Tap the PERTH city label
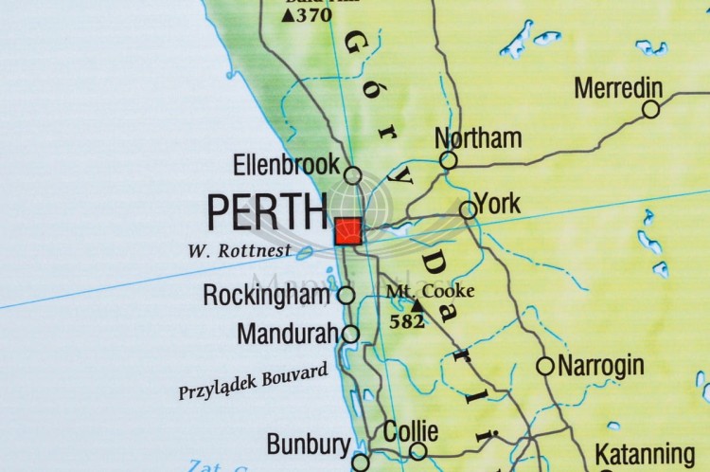pos(267,213)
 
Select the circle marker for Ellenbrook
pos(352,175)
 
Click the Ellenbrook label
pos(286,165)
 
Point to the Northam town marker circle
pos(449,160)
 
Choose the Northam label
pos(478,138)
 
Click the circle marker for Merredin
pos(650,109)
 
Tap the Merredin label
pos(617,88)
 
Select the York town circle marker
pos(468,209)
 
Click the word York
pos(498,203)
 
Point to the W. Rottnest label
pos(240,252)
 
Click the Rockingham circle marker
pos(346,295)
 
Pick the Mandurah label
pos(288,334)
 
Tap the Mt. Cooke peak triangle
pos(417,306)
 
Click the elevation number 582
pos(407,322)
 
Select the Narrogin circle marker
pos(544,366)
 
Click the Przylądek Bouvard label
pos(253,381)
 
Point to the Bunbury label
pos(308,444)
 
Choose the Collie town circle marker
pos(417,451)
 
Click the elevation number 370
pos(313,14)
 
